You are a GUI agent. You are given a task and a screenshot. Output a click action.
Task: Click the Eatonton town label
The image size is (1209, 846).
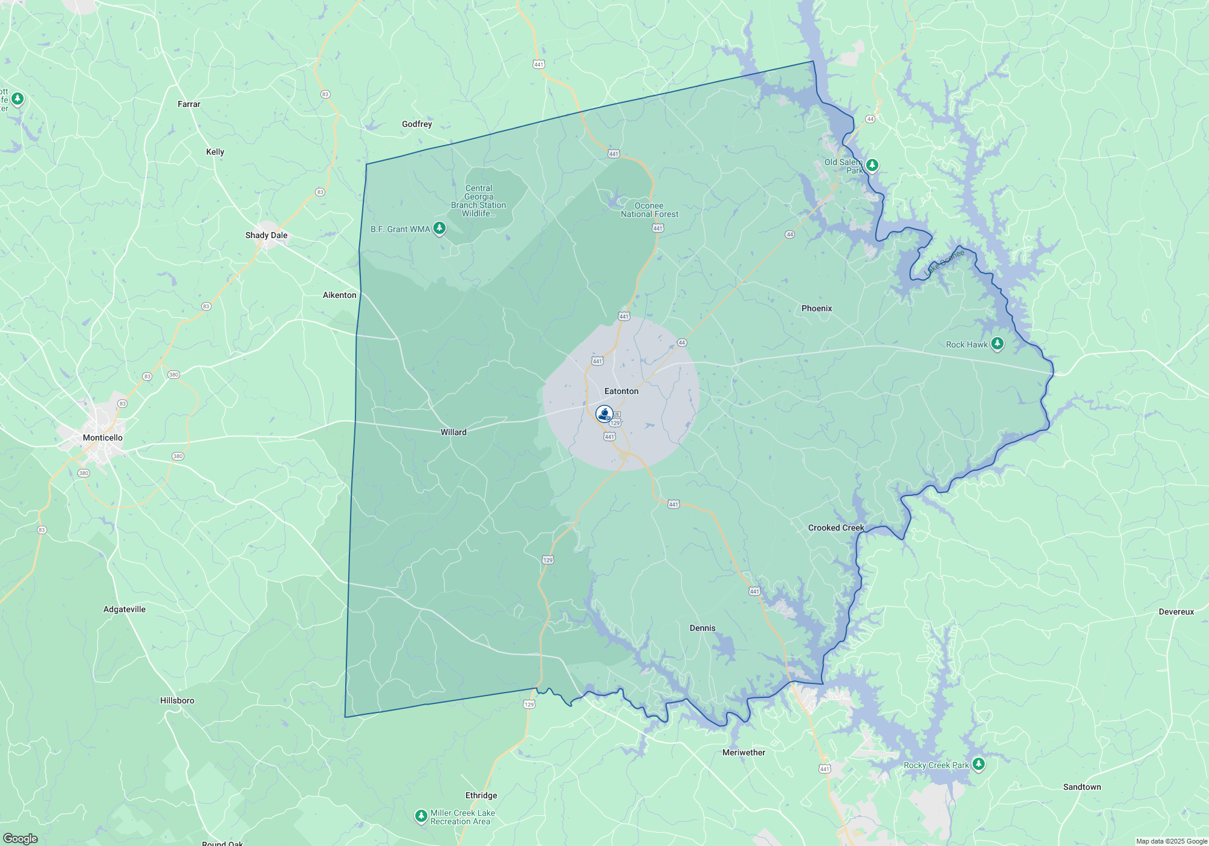point(621,391)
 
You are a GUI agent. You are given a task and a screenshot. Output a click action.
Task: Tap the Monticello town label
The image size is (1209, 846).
point(103,438)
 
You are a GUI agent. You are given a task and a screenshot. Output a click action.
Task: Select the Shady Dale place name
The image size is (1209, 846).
point(266,235)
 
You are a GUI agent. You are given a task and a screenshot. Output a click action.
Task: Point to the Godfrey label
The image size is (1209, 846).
point(417,124)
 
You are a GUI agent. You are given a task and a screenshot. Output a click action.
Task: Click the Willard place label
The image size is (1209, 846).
point(453,432)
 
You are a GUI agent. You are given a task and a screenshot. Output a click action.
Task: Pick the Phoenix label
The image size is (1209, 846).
point(817,308)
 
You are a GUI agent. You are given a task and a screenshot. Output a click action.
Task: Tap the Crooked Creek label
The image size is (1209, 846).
point(836,528)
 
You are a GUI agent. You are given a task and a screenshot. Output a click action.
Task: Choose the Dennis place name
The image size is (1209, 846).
point(702,628)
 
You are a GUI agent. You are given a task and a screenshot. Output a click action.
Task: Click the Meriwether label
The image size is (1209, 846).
point(744,752)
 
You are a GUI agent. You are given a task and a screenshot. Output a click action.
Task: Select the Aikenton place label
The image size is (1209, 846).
point(340,295)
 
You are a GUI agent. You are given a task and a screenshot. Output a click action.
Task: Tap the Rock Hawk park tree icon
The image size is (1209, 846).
point(997,344)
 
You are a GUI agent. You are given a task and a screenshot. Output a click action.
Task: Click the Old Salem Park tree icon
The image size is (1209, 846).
point(872,165)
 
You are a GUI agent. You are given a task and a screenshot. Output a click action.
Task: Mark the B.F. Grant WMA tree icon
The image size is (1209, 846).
point(440,228)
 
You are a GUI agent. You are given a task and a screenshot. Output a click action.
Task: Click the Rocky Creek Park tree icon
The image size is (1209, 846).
point(979,764)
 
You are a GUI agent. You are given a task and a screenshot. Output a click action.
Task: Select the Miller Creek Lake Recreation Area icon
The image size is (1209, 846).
point(421,816)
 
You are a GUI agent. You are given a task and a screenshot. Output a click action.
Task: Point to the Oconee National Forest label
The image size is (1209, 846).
point(649,210)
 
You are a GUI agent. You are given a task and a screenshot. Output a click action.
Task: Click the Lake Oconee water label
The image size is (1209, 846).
point(944,263)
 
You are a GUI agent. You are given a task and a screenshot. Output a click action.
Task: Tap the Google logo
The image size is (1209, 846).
point(21,838)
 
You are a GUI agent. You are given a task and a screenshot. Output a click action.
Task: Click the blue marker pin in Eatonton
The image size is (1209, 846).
point(604,414)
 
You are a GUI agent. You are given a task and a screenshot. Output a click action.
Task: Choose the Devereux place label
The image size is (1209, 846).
point(1176,612)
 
